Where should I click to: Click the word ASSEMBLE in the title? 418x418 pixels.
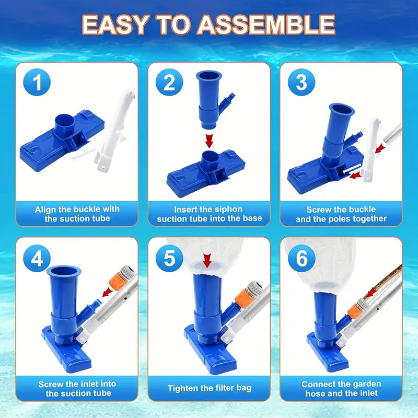[266, 25]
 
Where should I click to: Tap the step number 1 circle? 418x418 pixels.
[37, 82]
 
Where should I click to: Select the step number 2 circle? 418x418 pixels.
[169, 82]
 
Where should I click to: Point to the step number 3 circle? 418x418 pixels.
[301, 82]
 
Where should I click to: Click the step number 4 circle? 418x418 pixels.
[37, 258]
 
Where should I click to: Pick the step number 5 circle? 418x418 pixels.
[169, 258]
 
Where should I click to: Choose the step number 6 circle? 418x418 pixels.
[301, 258]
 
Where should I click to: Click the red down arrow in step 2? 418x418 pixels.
[210, 141]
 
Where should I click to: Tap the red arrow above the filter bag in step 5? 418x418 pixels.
[207, 261]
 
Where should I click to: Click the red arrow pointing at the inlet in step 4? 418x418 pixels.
[108, 292]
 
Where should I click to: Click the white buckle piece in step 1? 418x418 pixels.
[114, 131]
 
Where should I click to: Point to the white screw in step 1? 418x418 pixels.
[84, 154]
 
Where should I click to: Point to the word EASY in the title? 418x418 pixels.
[115, 25]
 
